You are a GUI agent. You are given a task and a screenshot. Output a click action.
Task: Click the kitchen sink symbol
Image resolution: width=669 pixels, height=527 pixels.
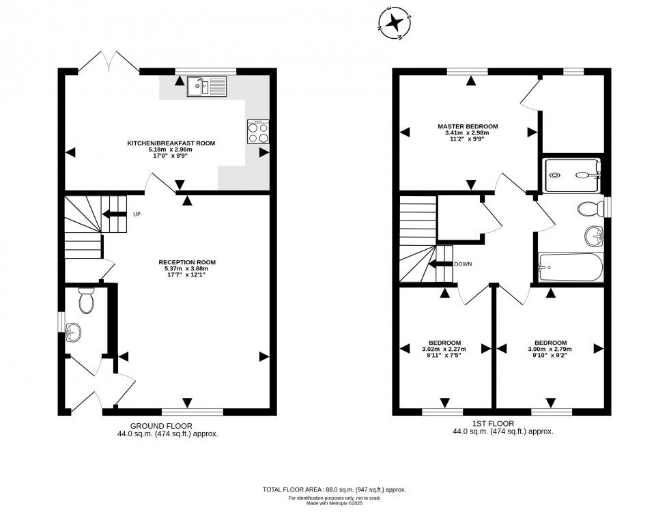click(206, 86)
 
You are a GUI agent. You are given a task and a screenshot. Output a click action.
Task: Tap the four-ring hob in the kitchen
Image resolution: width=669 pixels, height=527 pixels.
click(257, 132)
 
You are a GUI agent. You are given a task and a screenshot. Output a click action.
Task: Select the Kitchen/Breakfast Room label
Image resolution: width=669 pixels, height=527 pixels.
click(171, 143)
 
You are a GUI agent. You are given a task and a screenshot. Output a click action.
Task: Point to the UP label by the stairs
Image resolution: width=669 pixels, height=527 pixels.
click(137, 214)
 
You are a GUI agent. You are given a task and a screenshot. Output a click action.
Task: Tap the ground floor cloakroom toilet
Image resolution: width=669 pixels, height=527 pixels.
click(86, 300)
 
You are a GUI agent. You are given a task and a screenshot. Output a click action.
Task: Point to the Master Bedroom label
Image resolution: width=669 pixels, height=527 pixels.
click(468, 126)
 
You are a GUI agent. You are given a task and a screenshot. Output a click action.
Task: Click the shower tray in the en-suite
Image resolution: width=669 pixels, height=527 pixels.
click(572, 174)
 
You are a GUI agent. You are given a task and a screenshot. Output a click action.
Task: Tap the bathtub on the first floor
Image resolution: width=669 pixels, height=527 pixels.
click(571, 267)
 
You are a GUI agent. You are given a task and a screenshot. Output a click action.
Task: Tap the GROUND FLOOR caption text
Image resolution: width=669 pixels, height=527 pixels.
click(162, 425)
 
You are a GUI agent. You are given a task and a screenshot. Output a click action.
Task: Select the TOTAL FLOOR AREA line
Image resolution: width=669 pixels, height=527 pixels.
click(334, 489)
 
